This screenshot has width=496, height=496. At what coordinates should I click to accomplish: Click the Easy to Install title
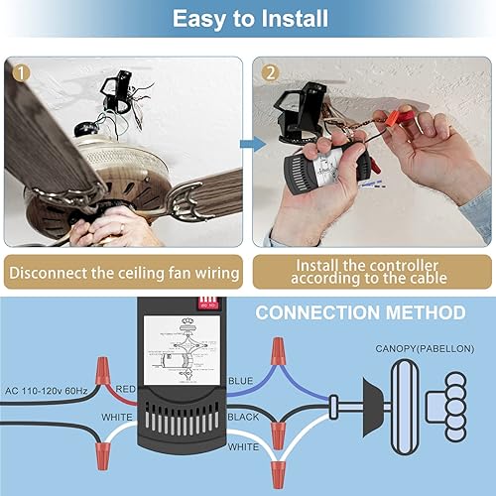click(x=247, y=20)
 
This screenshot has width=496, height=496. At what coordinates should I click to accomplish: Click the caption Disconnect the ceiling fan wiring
click(x=123, y=271)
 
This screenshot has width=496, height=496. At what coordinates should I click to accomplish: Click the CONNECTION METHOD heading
click(x=360, y=313)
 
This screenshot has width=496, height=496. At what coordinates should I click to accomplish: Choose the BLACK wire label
click(x=244, y=418)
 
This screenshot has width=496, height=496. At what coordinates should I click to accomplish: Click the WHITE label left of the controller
click(x=117, y=417)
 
